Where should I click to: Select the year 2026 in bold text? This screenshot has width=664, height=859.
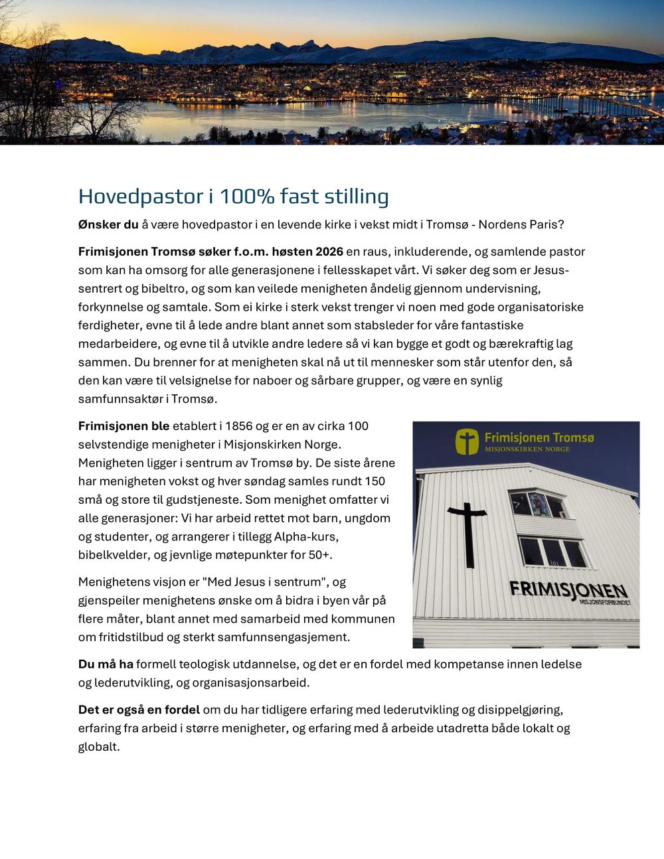tap(329, 252)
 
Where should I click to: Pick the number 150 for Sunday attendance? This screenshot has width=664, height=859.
tap(374, 481)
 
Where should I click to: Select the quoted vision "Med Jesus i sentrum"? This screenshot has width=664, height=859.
tap(265, 582)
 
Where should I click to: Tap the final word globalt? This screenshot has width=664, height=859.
tap(99, 747)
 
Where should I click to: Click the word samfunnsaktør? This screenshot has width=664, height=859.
tap(120, 399)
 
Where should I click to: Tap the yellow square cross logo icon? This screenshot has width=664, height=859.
tap(467, 441)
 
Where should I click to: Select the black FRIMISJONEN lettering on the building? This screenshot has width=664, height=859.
tap(568, 589)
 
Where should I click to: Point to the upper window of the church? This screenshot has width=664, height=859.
tap(538, 505)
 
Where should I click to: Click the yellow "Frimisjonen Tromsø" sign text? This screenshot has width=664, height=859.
tap(539, 438)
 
